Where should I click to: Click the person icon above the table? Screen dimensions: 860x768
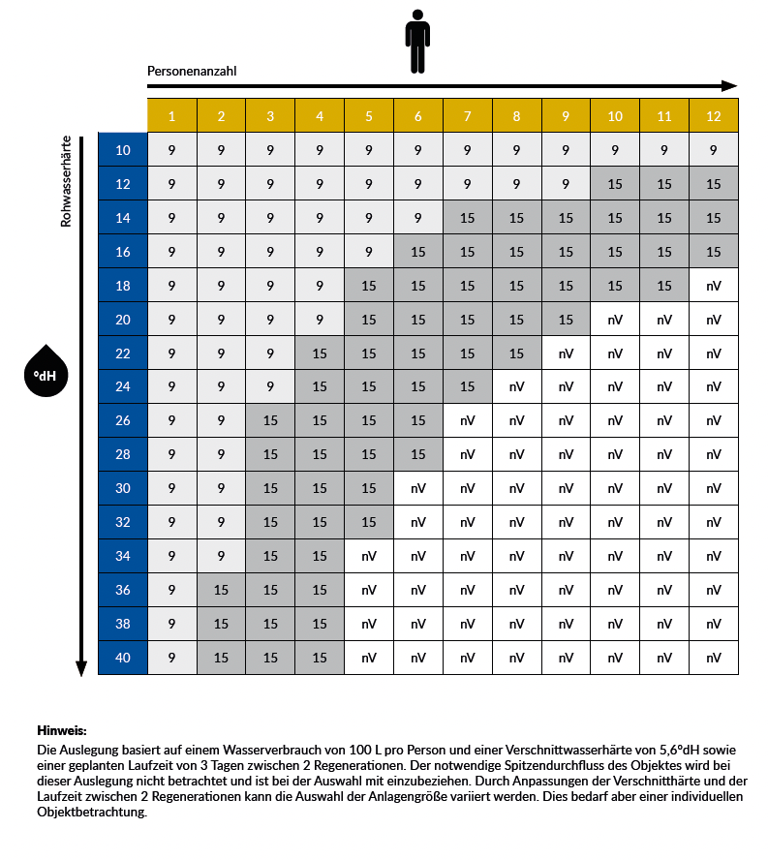417,42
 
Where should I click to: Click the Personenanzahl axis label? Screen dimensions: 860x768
192,72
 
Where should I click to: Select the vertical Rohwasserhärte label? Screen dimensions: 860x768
67,181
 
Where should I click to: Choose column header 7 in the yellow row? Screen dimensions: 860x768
467,116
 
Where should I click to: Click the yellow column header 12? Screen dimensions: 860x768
713,116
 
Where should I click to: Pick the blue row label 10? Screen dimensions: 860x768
123,150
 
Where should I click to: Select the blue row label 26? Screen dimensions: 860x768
123,420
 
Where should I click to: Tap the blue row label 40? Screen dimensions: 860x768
123,658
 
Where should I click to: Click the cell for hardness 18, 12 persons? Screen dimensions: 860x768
713,286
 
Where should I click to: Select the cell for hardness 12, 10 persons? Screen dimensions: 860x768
615,184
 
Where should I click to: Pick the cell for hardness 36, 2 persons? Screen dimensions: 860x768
221,590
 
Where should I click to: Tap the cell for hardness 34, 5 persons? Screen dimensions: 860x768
368,556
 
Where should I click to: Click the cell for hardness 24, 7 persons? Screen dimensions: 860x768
467,386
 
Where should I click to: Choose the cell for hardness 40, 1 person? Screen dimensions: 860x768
171,658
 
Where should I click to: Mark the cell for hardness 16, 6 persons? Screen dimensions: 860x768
417,252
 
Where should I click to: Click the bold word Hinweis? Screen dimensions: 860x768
62,730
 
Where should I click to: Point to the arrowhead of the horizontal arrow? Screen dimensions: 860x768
730,86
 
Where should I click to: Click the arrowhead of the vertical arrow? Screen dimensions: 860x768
81,668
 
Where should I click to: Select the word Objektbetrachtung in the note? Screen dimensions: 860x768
91,813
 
